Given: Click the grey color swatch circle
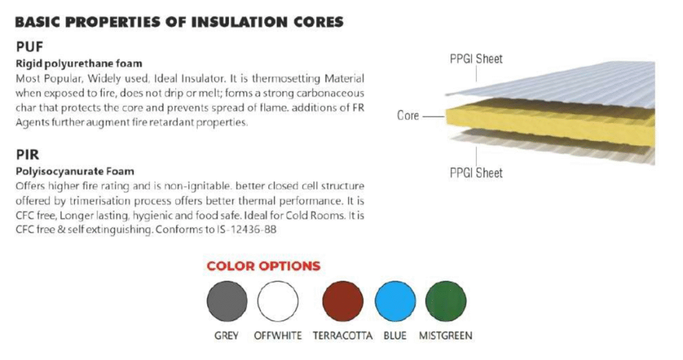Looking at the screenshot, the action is (x=227, y=301).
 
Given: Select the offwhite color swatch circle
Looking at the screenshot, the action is (x=278, y=301).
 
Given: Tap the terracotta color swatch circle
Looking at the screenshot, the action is (x=343, y=301).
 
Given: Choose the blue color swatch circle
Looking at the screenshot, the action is (x=395, y=301).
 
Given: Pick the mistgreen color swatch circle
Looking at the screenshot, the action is (x=446, y=301).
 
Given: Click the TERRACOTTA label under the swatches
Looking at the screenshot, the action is (x=342, y=335).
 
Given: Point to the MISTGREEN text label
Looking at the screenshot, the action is (x=446, y=335).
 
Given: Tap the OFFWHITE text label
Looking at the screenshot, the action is (x=278, y=335).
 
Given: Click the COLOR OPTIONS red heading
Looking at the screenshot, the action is (x=263, y=266).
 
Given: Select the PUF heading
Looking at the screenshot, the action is (x=29, y=47).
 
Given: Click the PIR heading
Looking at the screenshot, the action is (x=27, y=155).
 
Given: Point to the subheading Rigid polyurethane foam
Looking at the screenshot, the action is (x=79, y=63).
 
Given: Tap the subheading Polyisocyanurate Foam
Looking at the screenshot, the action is (x=75, y=171).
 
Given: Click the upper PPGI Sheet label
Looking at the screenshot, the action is (x=476, y=59).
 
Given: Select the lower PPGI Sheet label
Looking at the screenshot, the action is (x=476, y=173).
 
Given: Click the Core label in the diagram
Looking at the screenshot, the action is (x=408, y=115).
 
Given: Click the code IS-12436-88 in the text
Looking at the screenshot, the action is (x=247, y=229).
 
